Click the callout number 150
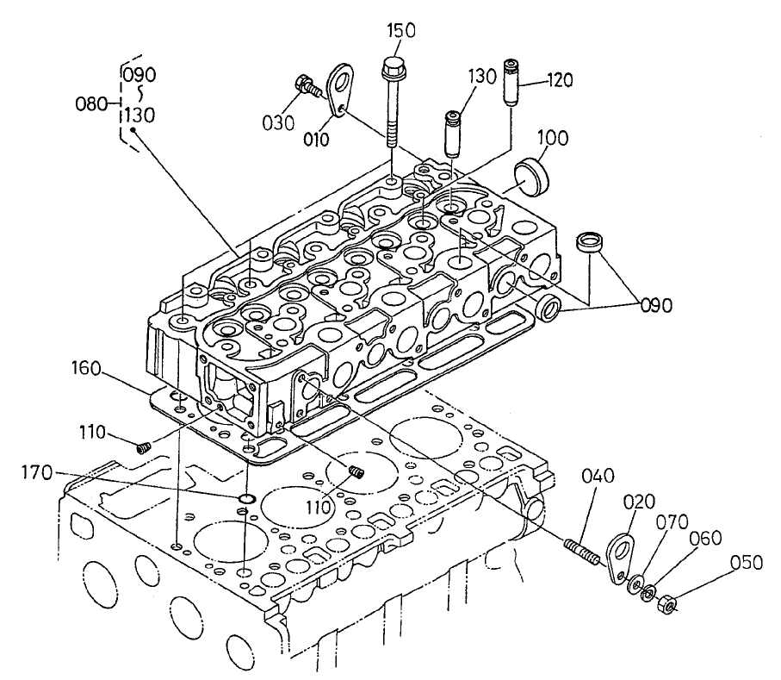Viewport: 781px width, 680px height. point(400,31)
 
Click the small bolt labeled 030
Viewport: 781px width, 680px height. point(306,86)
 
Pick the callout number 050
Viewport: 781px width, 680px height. point(746,564)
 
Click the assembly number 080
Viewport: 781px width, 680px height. point(90,103)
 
